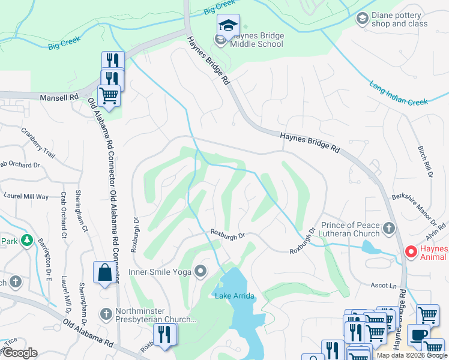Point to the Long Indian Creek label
point(399,94)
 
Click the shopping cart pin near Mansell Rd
point(109,95)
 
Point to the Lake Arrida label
point(235,296)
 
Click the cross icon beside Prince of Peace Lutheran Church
point(389,228)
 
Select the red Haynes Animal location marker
point(411,252)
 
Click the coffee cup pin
point(418,335)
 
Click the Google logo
point(19,353)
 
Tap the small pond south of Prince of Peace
point(370,247)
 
